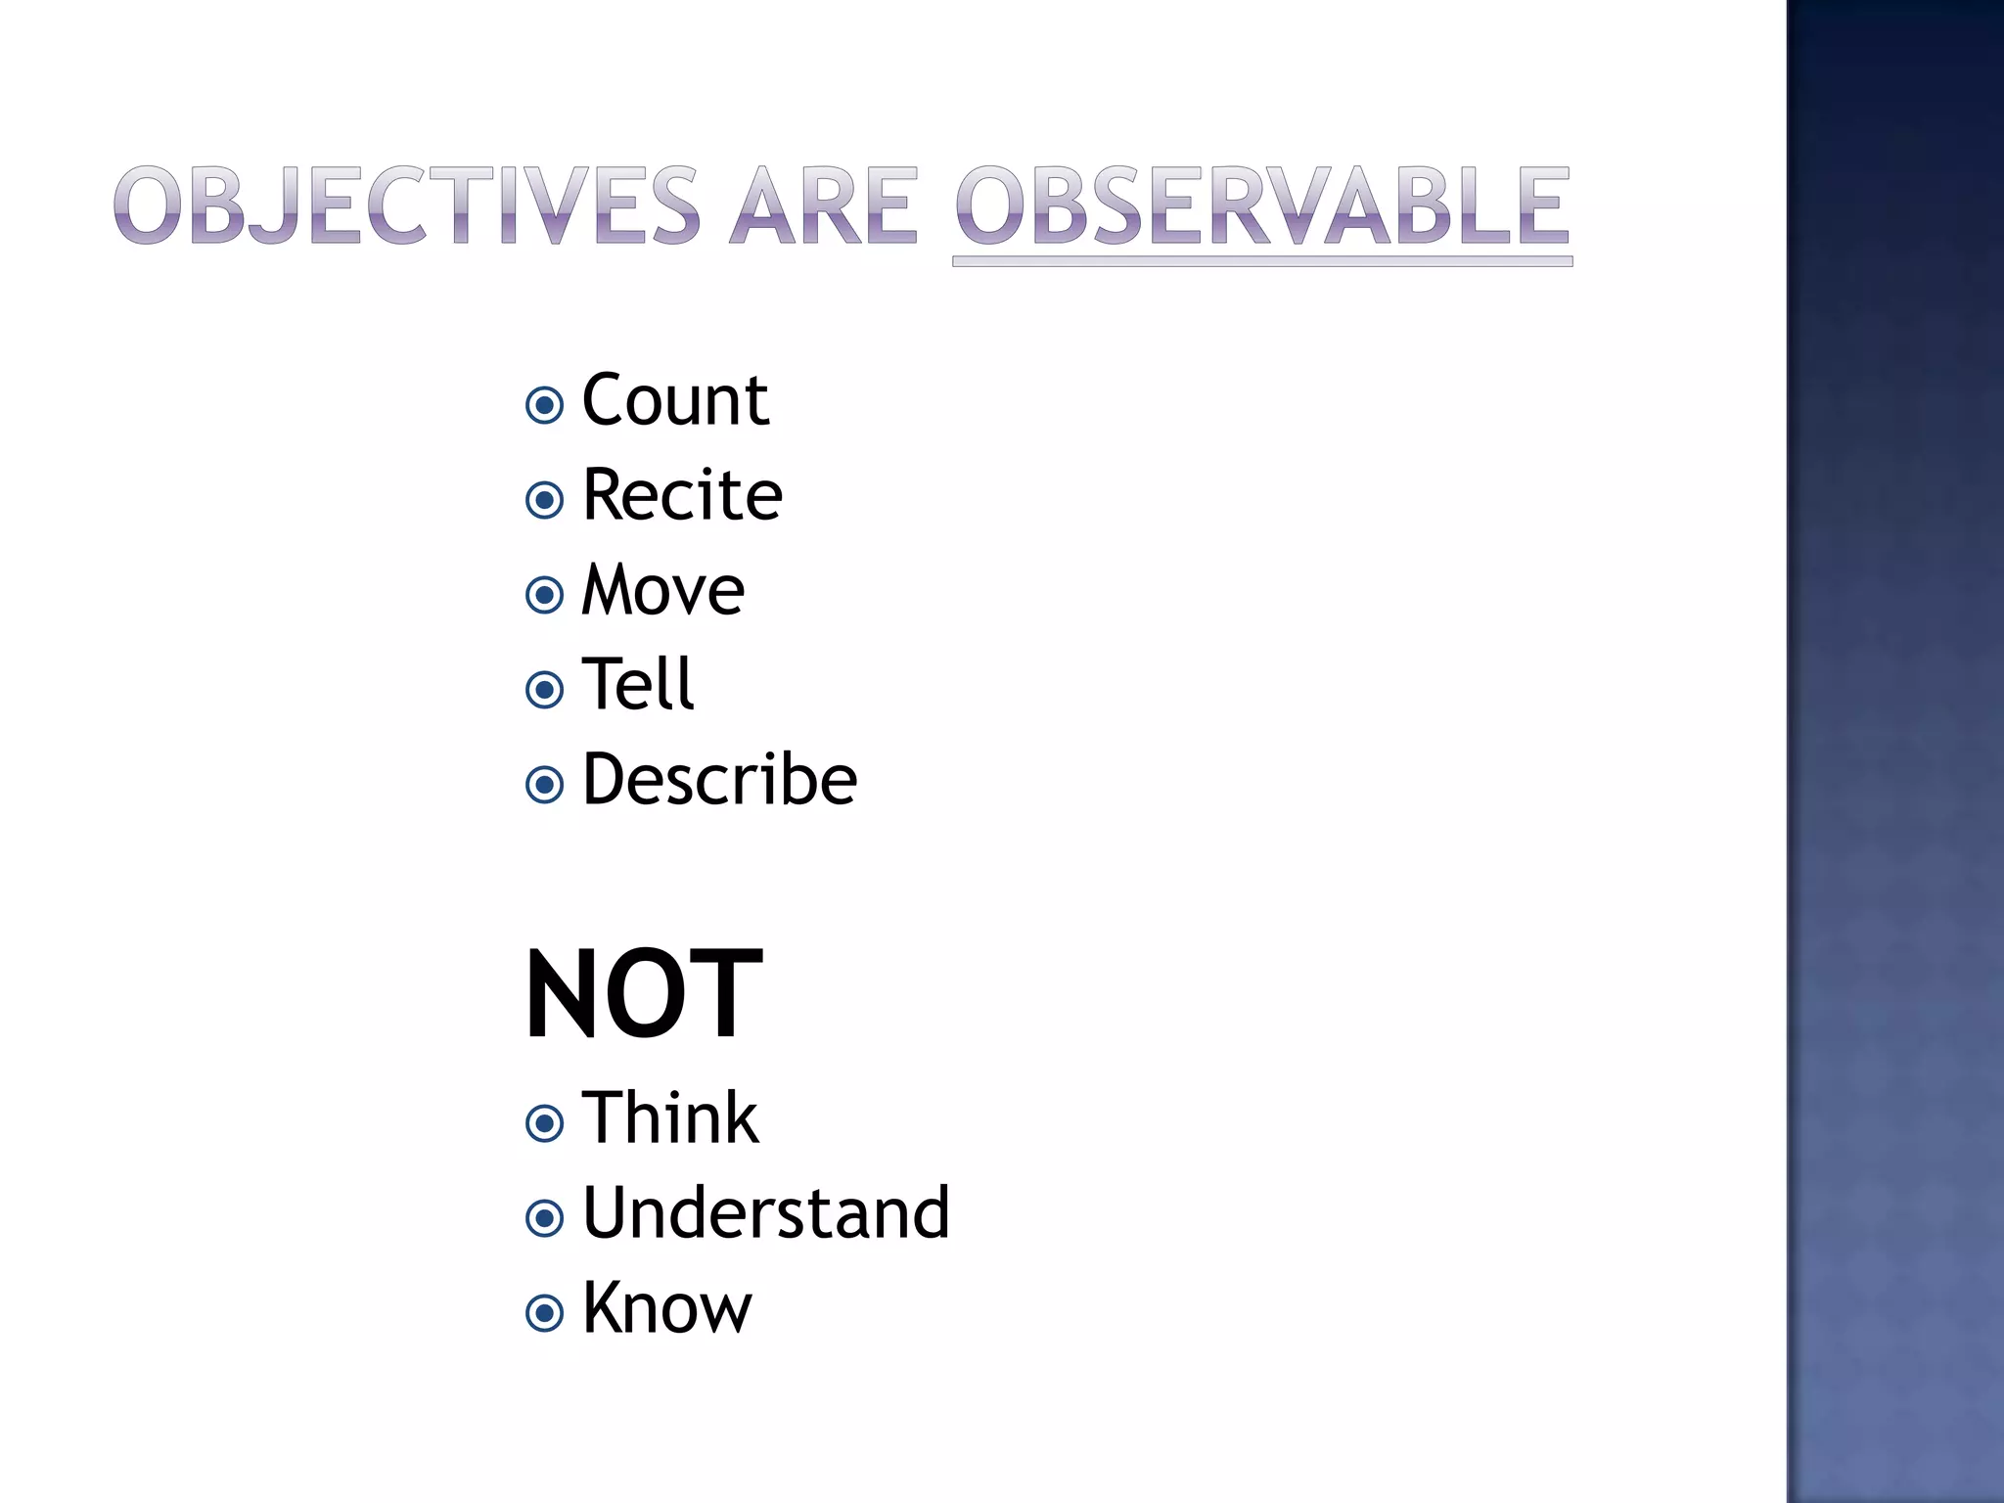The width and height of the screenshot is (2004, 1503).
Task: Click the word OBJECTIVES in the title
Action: click(406, 205)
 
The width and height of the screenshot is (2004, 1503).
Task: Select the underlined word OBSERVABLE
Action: click(1262, 205)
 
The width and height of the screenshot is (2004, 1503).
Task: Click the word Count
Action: click(675, 400)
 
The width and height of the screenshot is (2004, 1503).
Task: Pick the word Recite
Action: click(682, 495)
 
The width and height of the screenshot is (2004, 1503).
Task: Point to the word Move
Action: click(663, 590)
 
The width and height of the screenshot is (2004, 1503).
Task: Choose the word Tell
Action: click(638, 684)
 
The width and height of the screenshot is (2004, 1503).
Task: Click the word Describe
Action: click(719, 780)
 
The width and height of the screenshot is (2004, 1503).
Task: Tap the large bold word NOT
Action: click(643, 995)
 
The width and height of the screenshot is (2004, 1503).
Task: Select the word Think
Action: click(670, 1118)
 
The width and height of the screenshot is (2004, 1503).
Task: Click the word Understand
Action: click(765, 1213)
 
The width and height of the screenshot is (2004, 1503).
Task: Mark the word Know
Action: click(666, 1308)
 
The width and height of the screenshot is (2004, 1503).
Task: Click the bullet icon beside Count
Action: click(545, 405)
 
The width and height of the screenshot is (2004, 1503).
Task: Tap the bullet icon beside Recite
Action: click(545, 500)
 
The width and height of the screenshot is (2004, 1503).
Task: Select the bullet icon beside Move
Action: click(545, 595)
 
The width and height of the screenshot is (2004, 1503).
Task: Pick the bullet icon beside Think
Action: click(545, 1123)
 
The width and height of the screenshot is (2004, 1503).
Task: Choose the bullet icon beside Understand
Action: click(545, 1218)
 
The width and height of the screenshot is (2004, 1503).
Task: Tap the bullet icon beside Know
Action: click(545, 1313)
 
